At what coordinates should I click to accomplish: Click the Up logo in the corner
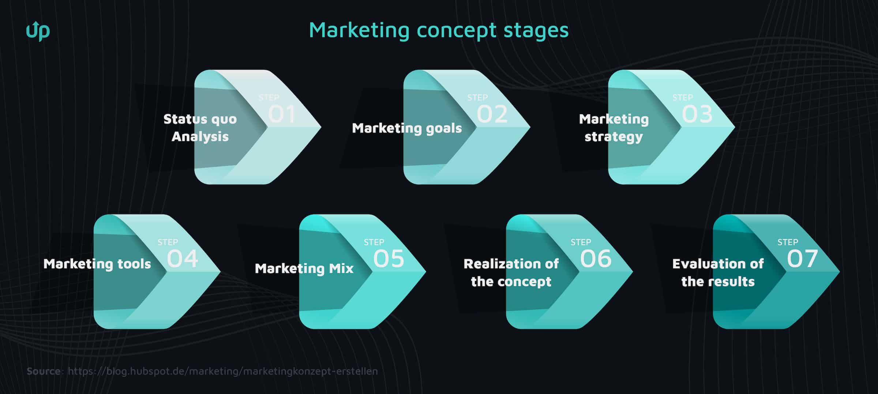coord(38,31)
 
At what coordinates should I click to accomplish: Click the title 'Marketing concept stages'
coord(439,30)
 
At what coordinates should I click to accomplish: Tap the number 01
coord(282,114)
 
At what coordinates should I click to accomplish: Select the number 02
coord(492,114)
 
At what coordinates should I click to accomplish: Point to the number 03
coord(697,114)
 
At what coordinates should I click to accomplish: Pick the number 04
coord(183,259)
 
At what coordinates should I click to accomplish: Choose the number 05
coord(389,259)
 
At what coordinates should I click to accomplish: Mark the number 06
coord(596,259)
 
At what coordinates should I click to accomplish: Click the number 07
coord(803,259)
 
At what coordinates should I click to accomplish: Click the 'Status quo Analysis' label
coord(200,127)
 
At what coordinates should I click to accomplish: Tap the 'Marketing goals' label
coord(407,128)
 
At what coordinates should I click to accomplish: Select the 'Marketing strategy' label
coord(614,127)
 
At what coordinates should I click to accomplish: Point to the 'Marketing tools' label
coord(97,264)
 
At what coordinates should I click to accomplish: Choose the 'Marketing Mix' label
coord(304,268)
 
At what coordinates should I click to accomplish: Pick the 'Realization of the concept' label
coord(511,272)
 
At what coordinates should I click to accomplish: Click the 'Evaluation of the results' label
coord(718,272)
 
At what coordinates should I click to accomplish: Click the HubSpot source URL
coord(223,371)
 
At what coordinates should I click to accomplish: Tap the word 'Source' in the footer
coord(44,371)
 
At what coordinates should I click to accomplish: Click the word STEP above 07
coord(788,242)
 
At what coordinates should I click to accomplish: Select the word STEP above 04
coord(168,242)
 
